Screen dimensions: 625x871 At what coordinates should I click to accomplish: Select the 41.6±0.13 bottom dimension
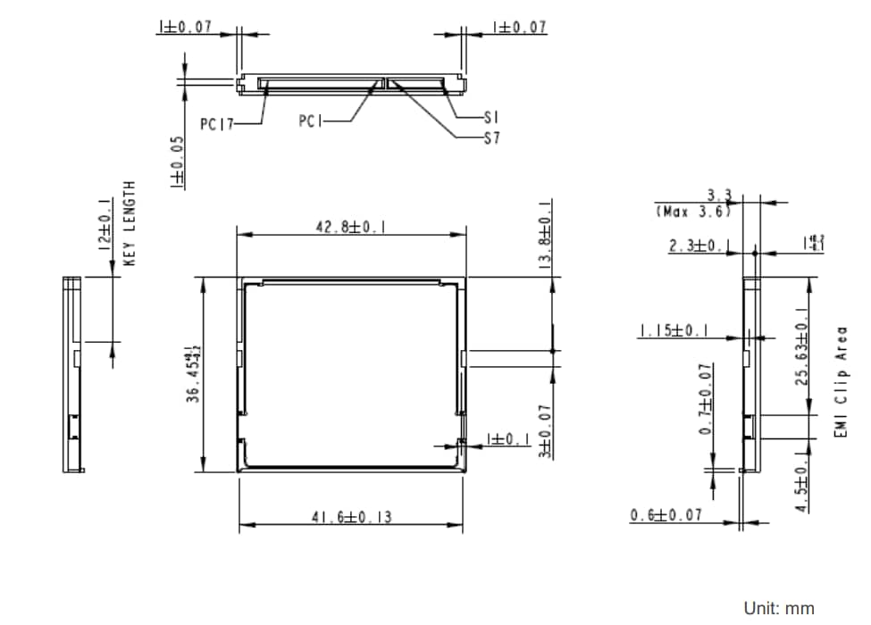(351, 517)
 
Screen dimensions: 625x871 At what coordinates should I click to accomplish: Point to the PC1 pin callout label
(311, 120)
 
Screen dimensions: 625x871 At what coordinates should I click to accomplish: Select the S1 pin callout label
(490, 117)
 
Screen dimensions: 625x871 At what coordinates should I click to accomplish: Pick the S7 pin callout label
(490, 138)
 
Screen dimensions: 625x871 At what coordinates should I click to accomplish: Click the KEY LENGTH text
(130, 222)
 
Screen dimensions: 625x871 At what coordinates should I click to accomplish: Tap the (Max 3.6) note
(692, 212)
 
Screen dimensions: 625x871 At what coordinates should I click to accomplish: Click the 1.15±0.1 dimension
(674, 331)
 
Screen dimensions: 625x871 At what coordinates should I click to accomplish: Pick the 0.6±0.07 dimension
(666, 515)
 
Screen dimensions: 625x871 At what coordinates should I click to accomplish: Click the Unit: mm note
(779, 608)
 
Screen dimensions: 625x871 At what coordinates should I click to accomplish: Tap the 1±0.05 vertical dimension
(177, 161)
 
